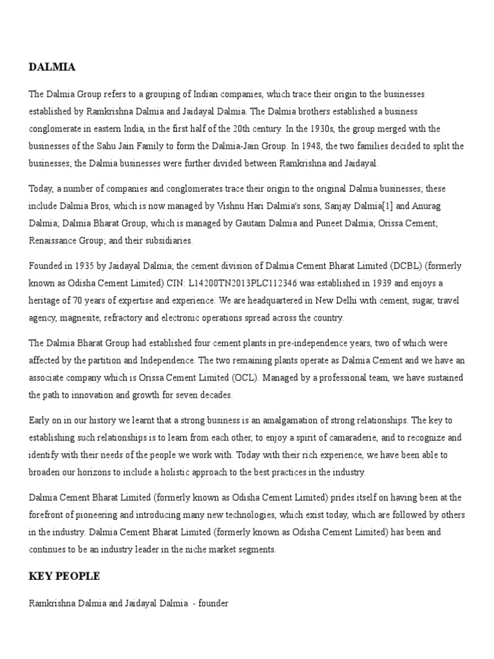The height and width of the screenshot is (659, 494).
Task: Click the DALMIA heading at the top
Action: pos(51,67)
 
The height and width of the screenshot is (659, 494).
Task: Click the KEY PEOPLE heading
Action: pos(64,576)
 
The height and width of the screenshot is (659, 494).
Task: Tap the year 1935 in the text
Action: pos(86,266)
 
